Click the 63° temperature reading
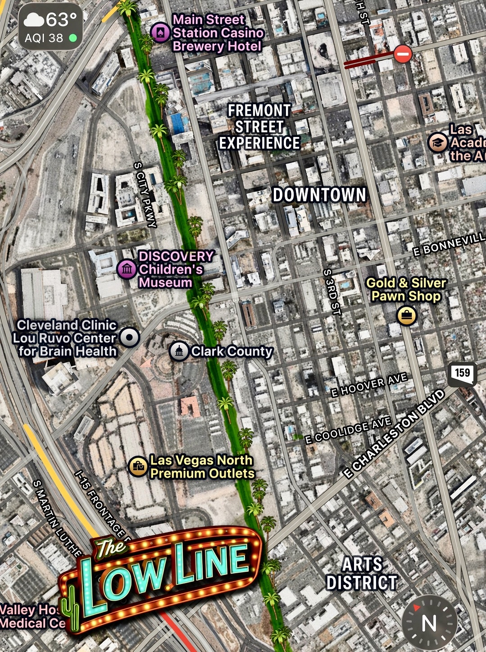61,20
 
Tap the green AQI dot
73,38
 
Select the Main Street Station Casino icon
160,32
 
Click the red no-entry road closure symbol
403,54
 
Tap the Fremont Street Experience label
259,127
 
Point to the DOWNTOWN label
319,195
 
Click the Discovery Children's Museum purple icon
127,269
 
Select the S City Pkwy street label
145,195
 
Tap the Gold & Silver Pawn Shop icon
406,315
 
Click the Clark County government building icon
179,351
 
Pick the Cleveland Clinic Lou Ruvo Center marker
130,337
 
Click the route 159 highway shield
462,374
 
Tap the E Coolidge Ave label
348,430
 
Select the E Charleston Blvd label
394,434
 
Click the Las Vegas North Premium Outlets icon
138,467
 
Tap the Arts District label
362,573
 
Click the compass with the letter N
429,623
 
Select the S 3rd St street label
332,292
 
